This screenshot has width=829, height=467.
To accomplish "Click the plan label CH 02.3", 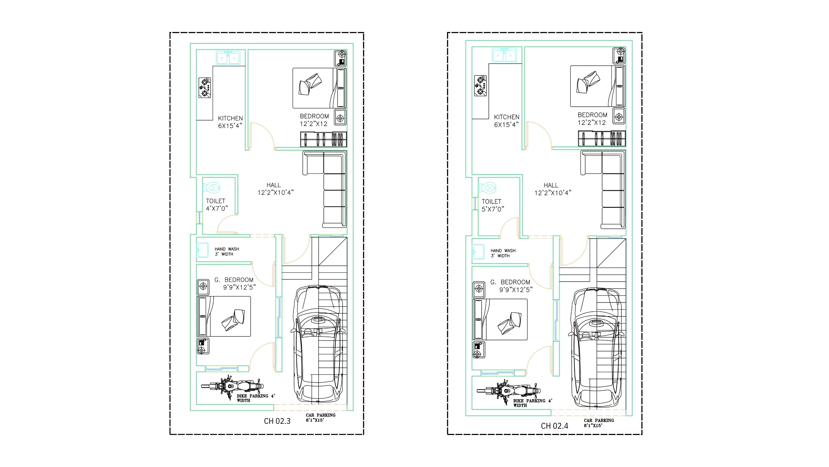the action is pos(277,421).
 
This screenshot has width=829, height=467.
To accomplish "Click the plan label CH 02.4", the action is pos(554,426).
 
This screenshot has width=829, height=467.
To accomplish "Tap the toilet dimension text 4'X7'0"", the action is pos(217,208).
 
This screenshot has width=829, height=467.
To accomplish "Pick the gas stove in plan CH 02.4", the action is pos(480,86).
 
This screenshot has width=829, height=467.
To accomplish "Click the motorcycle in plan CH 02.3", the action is pos(232,387).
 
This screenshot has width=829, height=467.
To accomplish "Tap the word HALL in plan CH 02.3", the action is pos(273,185).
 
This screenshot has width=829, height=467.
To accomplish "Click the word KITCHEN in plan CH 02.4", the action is pos(507,117).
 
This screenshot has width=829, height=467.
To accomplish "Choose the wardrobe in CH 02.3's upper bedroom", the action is pos(324,139).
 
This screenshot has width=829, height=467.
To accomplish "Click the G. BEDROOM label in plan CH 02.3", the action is pos(234,280).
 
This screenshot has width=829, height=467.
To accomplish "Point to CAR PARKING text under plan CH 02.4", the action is pos(599,421).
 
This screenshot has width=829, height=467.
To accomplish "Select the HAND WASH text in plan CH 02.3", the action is pos(227,249).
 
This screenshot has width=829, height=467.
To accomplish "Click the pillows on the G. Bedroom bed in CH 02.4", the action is pos(510,323).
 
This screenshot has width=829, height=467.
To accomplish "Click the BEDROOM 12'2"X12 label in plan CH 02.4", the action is pos(592,118).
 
